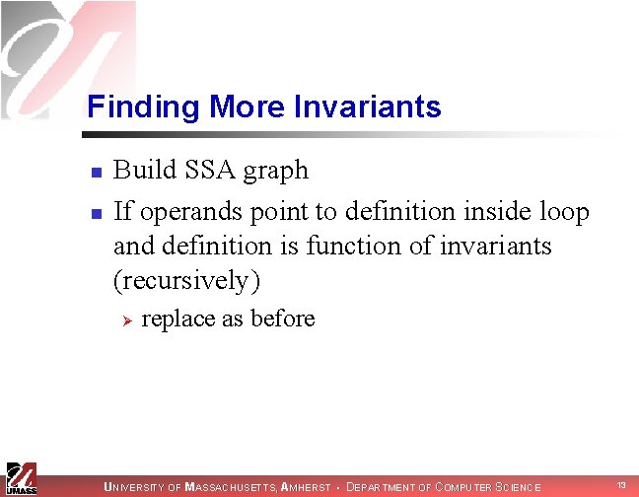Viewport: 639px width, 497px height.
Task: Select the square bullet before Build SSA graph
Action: point(95,174)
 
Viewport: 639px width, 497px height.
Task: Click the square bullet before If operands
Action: point(95,214)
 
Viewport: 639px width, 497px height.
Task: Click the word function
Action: point(351,245)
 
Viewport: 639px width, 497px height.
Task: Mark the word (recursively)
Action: point(187,281)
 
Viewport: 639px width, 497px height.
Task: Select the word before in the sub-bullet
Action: point(283,319)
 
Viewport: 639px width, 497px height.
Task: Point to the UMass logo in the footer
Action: point(22,477)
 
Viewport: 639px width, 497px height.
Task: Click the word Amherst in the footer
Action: point(306,487)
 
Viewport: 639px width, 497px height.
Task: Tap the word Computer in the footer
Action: point(464,487)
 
